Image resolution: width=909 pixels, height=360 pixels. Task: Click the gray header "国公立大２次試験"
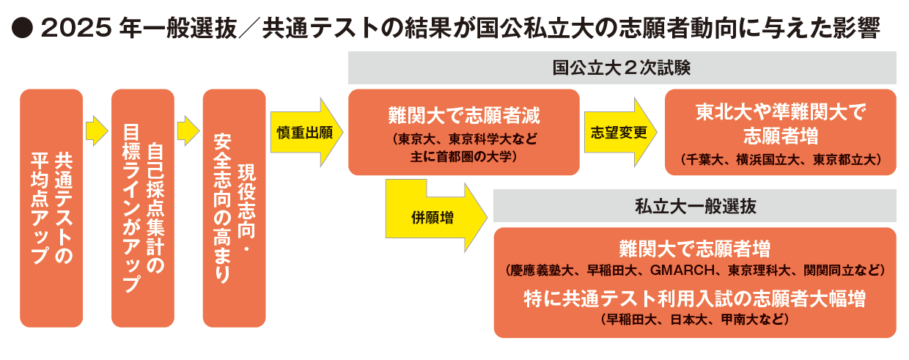point(622,68)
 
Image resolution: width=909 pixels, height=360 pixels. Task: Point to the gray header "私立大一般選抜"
point(694,206)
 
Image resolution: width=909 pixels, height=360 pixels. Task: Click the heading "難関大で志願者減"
point(463,117)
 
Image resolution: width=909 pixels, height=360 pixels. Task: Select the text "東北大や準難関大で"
point(780,112)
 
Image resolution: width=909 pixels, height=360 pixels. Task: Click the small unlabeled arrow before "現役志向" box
point(188,131)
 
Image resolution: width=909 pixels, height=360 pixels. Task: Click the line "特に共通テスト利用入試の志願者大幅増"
point(694,298)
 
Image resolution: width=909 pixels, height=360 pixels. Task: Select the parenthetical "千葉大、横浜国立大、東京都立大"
point(780,158)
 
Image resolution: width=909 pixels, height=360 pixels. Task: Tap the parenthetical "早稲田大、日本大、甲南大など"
point(694,319)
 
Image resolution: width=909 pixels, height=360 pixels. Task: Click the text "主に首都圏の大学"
point(463,156)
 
